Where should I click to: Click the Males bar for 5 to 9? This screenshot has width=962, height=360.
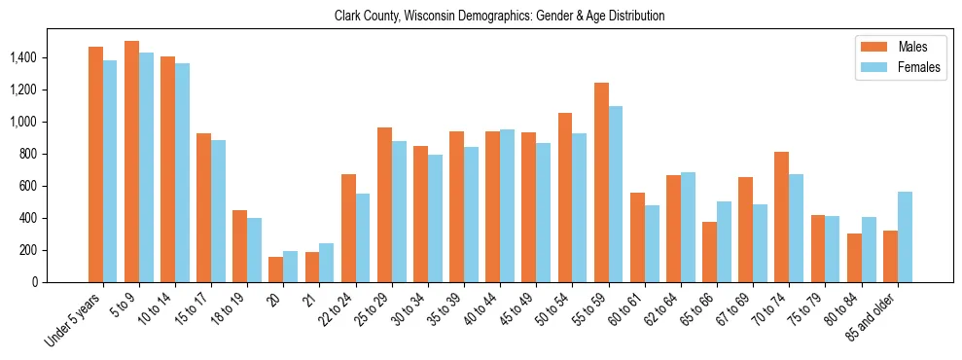coord(131,162)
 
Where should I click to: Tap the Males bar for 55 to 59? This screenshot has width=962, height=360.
coord(601,182)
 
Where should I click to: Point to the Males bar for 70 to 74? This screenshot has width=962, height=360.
coord(781,217)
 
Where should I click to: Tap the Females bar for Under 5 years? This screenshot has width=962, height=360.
coord(110,171)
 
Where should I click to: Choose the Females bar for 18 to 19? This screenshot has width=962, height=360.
coord(254,250)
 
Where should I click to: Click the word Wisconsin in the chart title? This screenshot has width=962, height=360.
coord(446,17)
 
